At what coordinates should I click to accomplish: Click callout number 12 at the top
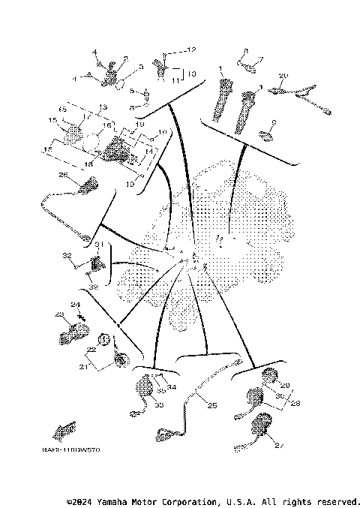pos(191,50)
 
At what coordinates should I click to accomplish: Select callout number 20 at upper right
pos(283,76)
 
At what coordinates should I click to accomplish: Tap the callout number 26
pos(63,176)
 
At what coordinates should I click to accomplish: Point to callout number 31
pos(97,245)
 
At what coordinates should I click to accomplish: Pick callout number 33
pos(159,405)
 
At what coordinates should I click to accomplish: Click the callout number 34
pos(171,388)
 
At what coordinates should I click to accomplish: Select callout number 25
pos(212,406)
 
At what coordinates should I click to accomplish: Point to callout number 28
pos(295,403)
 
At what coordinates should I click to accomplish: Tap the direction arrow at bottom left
pos(62,431)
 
